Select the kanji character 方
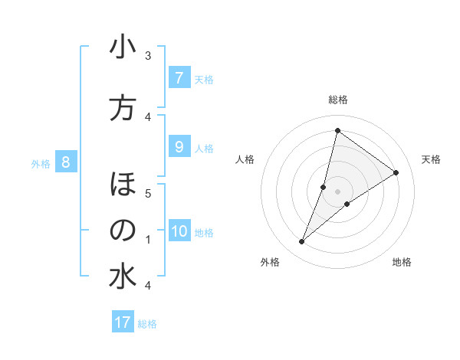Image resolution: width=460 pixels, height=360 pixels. [123, 108]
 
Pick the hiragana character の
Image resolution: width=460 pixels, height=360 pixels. [123, 231]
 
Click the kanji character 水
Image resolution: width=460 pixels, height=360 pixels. [123, 277]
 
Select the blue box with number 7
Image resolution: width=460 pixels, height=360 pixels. [179, 78]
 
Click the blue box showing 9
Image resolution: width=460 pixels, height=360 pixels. [179, 147]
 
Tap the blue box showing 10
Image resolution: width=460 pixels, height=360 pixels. [179, 232]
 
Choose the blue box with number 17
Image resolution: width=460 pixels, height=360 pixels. [123, 322]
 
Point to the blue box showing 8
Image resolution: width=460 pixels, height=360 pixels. [66, 162]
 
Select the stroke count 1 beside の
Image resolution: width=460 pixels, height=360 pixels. [148, 240]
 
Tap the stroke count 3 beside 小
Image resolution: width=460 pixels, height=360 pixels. [148, 55]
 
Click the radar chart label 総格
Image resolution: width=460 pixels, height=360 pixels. [338, 100]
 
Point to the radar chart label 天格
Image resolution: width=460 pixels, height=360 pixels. [432, 159]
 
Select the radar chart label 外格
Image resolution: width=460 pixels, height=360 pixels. [270, 262]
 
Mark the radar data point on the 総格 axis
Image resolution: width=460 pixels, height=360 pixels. [337, 130]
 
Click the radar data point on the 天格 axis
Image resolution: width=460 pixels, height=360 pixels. [396, 172]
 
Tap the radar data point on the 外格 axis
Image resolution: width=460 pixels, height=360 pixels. [302, 242]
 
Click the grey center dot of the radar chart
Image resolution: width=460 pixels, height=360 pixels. [338, 191]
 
